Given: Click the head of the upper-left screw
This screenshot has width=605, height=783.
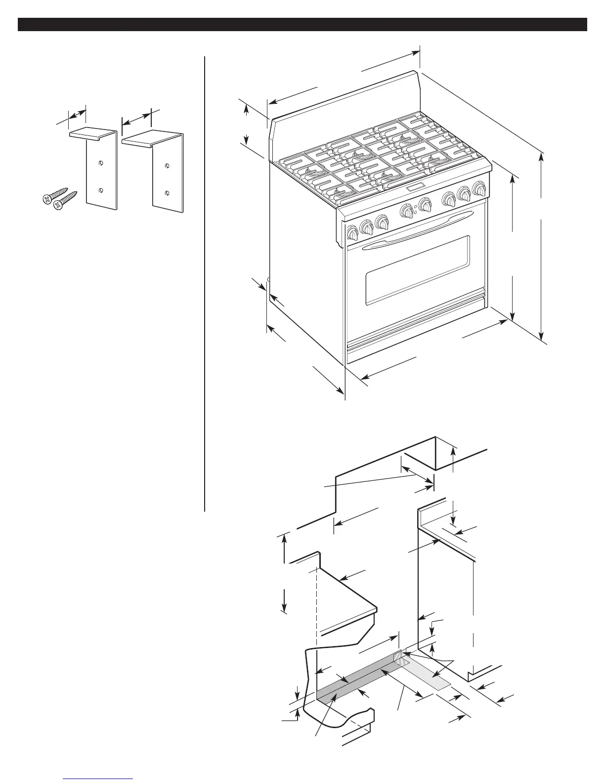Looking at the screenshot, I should pos(46,199).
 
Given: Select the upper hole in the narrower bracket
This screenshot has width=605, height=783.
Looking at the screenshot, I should pos(101,163).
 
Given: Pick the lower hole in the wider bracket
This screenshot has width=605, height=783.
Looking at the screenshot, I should pos(167,192).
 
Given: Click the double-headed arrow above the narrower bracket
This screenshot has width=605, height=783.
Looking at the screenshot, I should pos(76,114).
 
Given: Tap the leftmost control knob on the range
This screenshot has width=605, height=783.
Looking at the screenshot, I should pos(352,232).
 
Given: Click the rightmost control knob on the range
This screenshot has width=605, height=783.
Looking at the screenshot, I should pos(478,188).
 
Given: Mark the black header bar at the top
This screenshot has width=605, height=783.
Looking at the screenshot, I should pos(302,25).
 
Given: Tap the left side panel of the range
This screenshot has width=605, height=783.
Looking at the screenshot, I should pos(304,257).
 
